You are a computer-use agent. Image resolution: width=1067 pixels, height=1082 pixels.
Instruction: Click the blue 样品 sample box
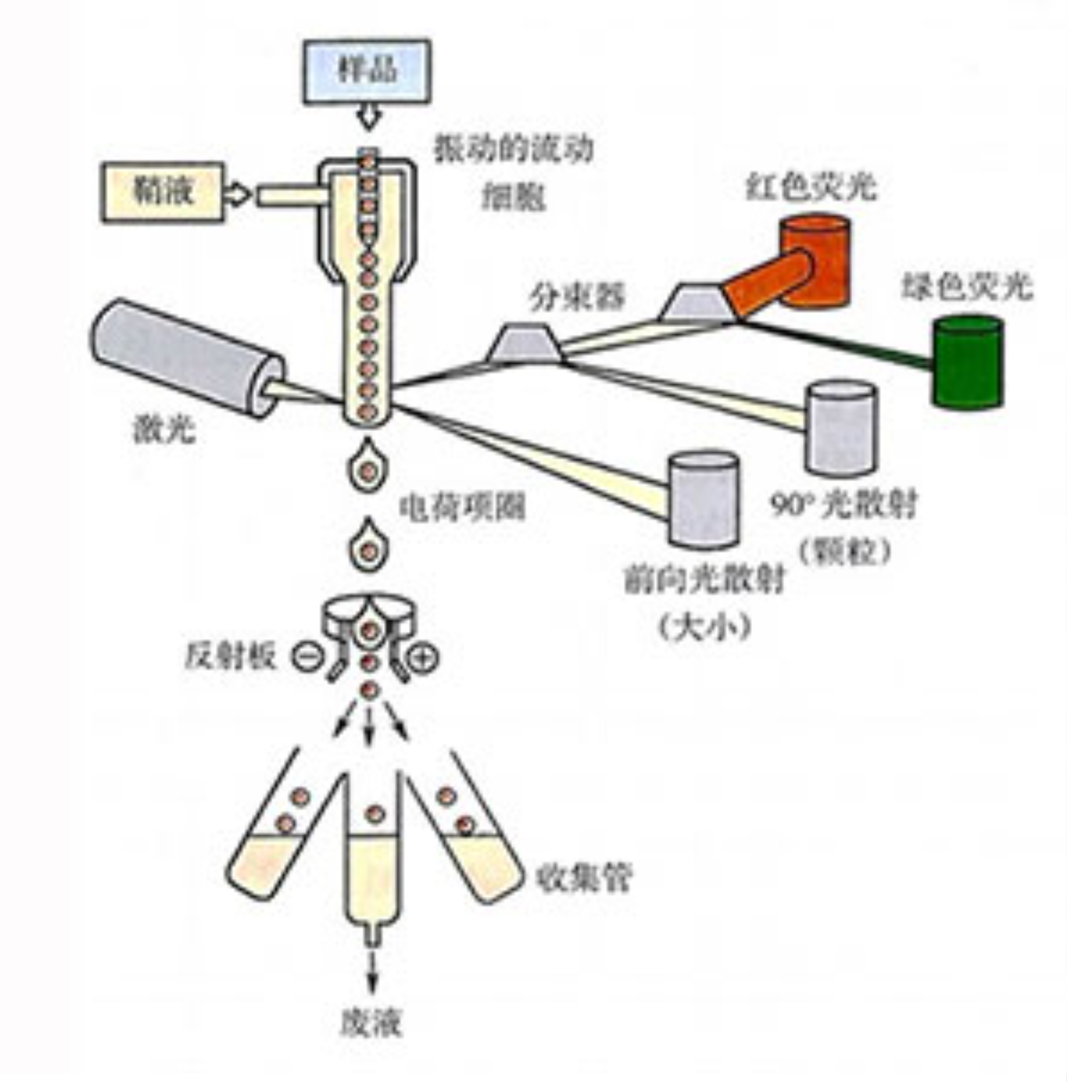pyautogui.click(x=367, y=71)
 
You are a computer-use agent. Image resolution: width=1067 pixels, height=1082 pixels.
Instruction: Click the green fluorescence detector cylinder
pyautogui.click(x=967, y=361)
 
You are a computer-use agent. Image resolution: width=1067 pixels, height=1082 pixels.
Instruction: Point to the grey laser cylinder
pyautogui.click(x=185, y=357)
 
